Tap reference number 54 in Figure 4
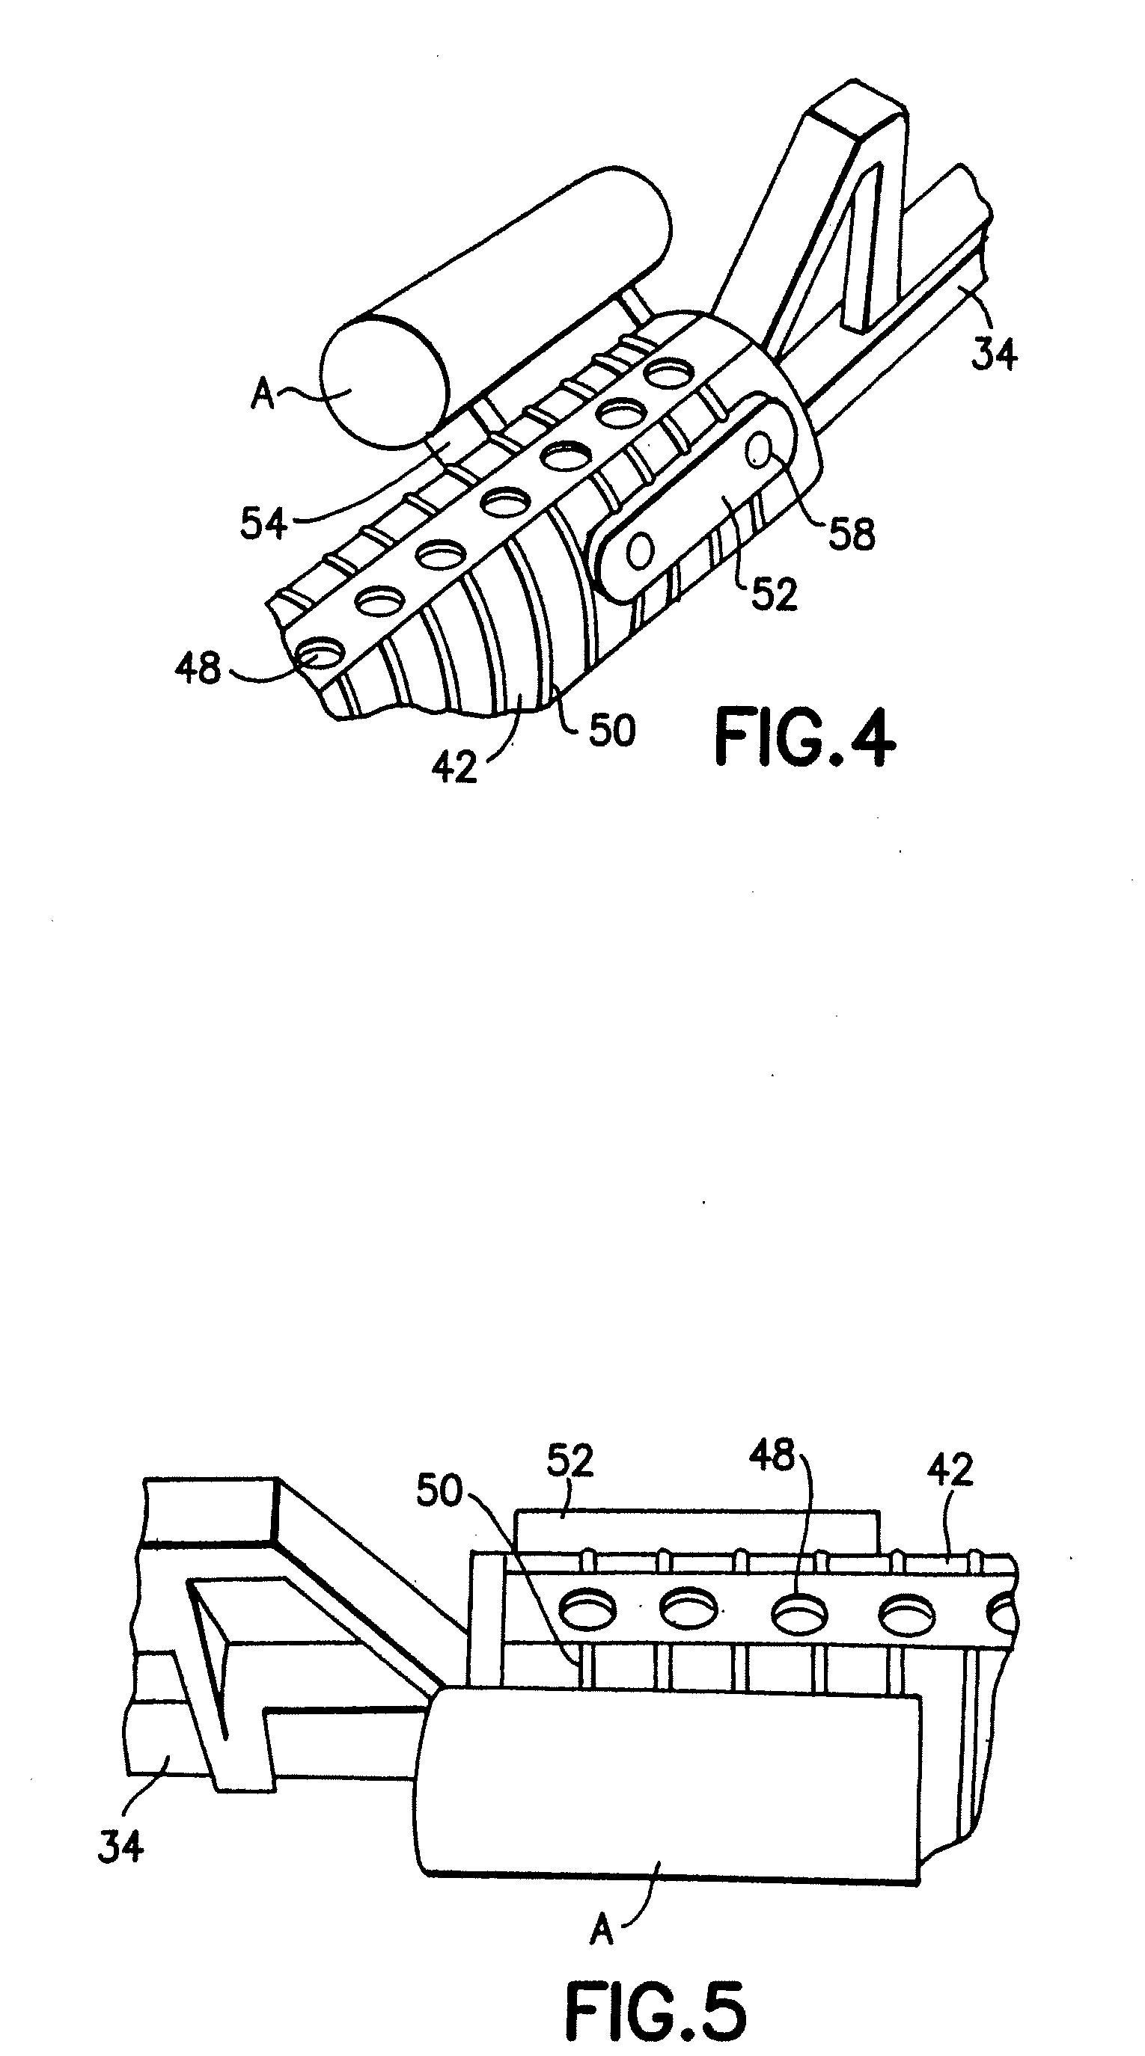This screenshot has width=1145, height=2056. click(263, 524)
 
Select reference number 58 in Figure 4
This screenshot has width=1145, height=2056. click(852, 533)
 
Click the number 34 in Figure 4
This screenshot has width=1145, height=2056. click(994, 352)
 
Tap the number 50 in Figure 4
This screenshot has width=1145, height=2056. click(612, 729)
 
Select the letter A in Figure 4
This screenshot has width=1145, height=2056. click(263, 394)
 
